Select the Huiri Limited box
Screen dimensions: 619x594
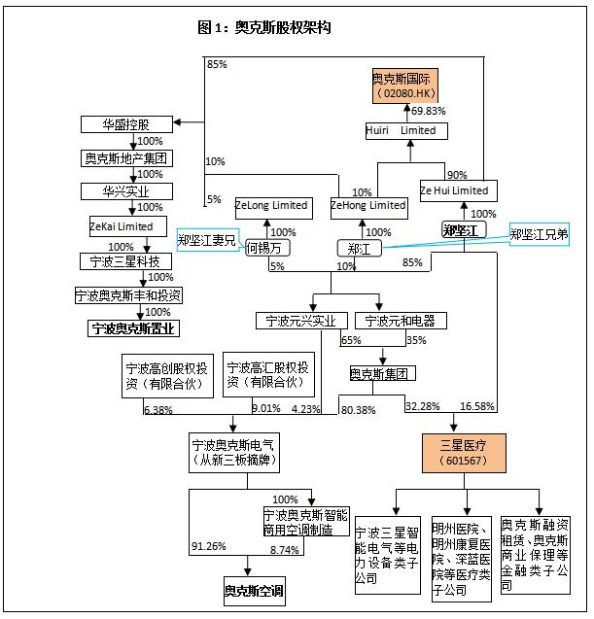401,130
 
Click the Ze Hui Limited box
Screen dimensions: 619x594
455,190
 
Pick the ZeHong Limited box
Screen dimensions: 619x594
368,205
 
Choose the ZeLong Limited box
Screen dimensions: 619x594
272,205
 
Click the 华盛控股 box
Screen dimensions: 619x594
126,124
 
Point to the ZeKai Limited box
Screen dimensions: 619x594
122,225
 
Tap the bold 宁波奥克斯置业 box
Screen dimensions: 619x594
134,328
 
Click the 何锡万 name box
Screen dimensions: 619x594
267,248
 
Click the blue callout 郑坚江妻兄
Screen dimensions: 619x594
206,239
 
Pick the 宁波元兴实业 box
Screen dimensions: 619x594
301,320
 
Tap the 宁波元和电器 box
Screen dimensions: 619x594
401,320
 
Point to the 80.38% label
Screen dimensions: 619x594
357,410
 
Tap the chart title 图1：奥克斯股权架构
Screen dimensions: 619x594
263,27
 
